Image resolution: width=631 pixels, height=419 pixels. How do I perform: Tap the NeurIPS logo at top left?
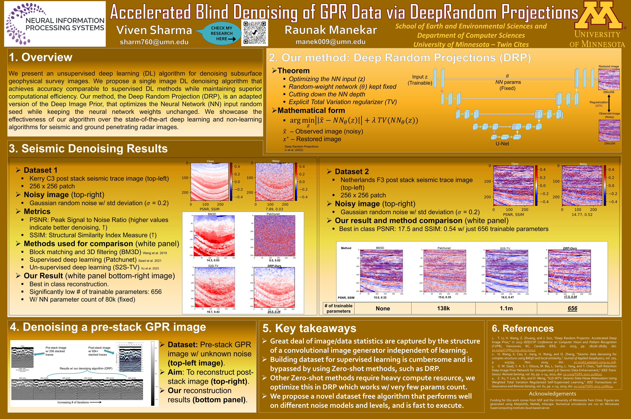(x=55, y=24)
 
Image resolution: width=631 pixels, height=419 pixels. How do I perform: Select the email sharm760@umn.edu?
(x=154, y=42)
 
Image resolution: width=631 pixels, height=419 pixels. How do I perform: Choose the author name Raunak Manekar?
(x=331, y=30)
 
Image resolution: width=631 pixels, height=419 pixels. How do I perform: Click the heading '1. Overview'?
(x=41, y=57)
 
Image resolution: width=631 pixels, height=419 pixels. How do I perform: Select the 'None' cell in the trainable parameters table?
(x=383, y=308)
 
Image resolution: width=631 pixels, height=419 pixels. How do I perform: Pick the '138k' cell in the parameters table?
(x=443, y=308)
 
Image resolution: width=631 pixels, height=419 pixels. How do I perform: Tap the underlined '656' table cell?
(x=572, y=308)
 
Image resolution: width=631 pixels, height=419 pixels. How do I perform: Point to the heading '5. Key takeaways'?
(x=309, y=328)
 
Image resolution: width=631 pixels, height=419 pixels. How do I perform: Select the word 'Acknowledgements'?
(x=552, y=394)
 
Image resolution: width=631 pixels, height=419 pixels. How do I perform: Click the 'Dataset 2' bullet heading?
(x=352, y=172)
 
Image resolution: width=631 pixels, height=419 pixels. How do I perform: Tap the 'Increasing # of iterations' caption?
(x=73, y=402)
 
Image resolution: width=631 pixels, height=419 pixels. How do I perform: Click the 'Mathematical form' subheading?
(x=311, y=110)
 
